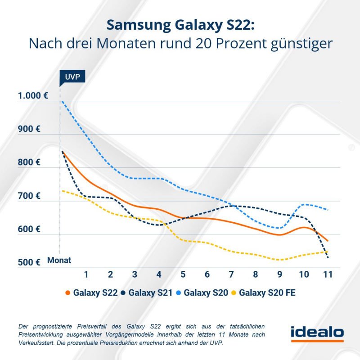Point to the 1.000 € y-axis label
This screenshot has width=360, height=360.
(33, 96)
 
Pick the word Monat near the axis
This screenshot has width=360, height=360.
(59, 260)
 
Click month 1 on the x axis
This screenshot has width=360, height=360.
(86, 274)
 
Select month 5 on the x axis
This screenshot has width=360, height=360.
(183, 274)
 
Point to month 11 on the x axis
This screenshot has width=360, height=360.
(328, 274)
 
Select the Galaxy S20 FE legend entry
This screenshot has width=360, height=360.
(262, 293)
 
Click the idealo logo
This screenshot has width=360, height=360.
(317, 333)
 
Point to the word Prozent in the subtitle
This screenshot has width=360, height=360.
(243, 44)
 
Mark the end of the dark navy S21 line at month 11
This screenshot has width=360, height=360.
(328, 257)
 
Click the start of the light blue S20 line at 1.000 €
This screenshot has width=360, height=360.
(62, 101)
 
